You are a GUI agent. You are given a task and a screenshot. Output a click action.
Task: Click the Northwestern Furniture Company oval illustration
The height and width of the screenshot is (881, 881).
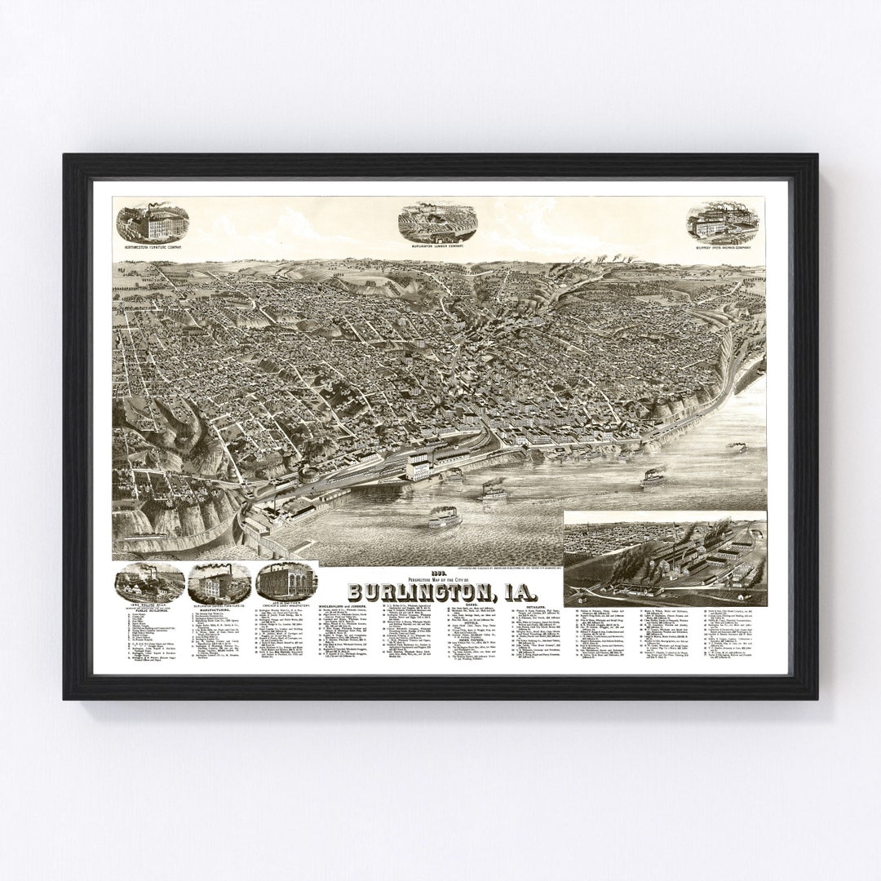coord(153,223)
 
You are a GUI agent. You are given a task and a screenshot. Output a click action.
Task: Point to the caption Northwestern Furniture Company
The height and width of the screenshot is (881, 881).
coord(153,245)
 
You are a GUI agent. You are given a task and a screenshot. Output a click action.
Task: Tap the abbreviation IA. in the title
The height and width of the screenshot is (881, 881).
coord(529,590)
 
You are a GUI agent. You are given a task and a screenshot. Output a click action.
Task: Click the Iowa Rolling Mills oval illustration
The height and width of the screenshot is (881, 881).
coord(148,581)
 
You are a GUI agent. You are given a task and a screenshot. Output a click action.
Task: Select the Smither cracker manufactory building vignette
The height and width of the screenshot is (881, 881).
coord(286,581)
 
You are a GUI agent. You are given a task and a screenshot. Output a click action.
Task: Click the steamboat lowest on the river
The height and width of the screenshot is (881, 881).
coord(445,519)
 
